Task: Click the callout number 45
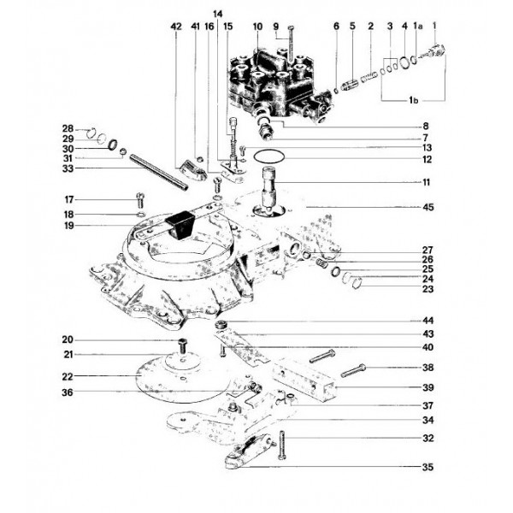[427, 207]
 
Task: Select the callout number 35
[427, 468]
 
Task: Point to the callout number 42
[176, 27]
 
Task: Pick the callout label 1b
[414, 101]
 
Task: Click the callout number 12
[427, 159]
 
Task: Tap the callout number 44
[427, 320]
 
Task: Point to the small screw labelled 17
[139, 202]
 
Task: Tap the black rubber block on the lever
[179, 226]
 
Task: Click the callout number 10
[256, 27]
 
